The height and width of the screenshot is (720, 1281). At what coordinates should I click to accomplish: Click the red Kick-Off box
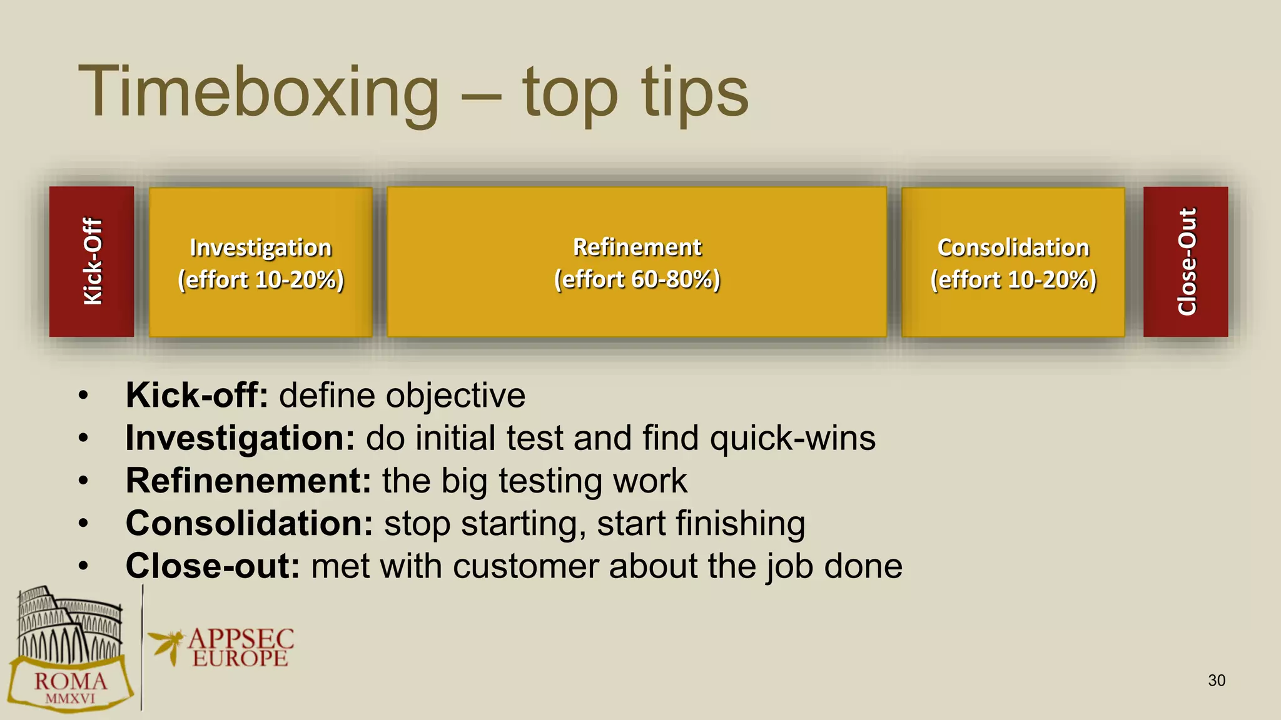(91, 261)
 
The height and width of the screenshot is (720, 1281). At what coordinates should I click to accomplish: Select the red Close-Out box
(1185, 261)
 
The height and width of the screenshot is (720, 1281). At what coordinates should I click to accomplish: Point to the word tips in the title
(694, 94)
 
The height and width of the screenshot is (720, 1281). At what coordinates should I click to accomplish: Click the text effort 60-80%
(637, 279)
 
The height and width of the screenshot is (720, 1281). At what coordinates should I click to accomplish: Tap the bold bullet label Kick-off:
(196, 396)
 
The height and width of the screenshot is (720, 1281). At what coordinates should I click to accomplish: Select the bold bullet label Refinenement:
(248, 481)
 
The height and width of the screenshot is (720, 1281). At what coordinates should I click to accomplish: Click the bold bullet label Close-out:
(213, 566)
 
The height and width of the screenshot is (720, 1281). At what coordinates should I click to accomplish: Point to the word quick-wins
(792, 438)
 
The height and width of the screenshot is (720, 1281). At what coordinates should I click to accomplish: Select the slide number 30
(1216, 681)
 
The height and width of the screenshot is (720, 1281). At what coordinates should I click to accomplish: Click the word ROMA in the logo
(71, 681)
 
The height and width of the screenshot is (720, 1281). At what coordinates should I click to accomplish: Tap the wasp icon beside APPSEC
(166, 646)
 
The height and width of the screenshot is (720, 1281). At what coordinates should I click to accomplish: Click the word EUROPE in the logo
(240, 659)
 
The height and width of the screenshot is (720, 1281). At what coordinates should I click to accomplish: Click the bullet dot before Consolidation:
(84, 524)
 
